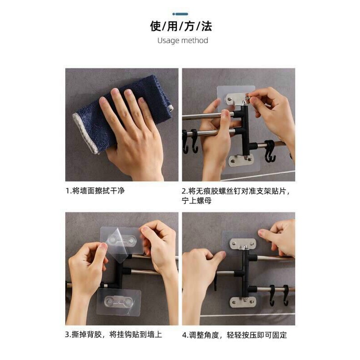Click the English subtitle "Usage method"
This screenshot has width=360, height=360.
pyautogui.click(x=183, y=40)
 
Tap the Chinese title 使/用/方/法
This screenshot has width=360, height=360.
pyautogui.click(x=181, y=26)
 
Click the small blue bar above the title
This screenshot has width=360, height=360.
pyautogui.click(x=180, y=14)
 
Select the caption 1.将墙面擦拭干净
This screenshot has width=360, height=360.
pyautogui.click(x=95, y=191)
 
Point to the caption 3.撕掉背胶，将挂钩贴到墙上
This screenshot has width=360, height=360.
pyautogui.click(x=113, y=334)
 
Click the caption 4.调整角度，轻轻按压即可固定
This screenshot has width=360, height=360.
pyautogui.click(x=234, y=335)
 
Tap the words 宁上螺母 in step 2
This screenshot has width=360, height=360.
pyautogui.click(x=197, y=201)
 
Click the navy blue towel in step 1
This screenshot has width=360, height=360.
pyautogui.click(x=121, y=112)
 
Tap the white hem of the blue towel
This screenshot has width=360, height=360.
pyautogui.click(x=85, y=133)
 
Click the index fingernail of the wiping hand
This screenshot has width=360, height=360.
pyautogui.click(x=115, y=92)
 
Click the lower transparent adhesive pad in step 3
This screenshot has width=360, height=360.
pyautogui.click(x=118, y=301)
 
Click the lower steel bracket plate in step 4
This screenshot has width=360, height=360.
pyautogui.click(x=243, y=301)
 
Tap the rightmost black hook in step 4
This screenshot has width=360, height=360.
pyautogui.click(x=286, y=295)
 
